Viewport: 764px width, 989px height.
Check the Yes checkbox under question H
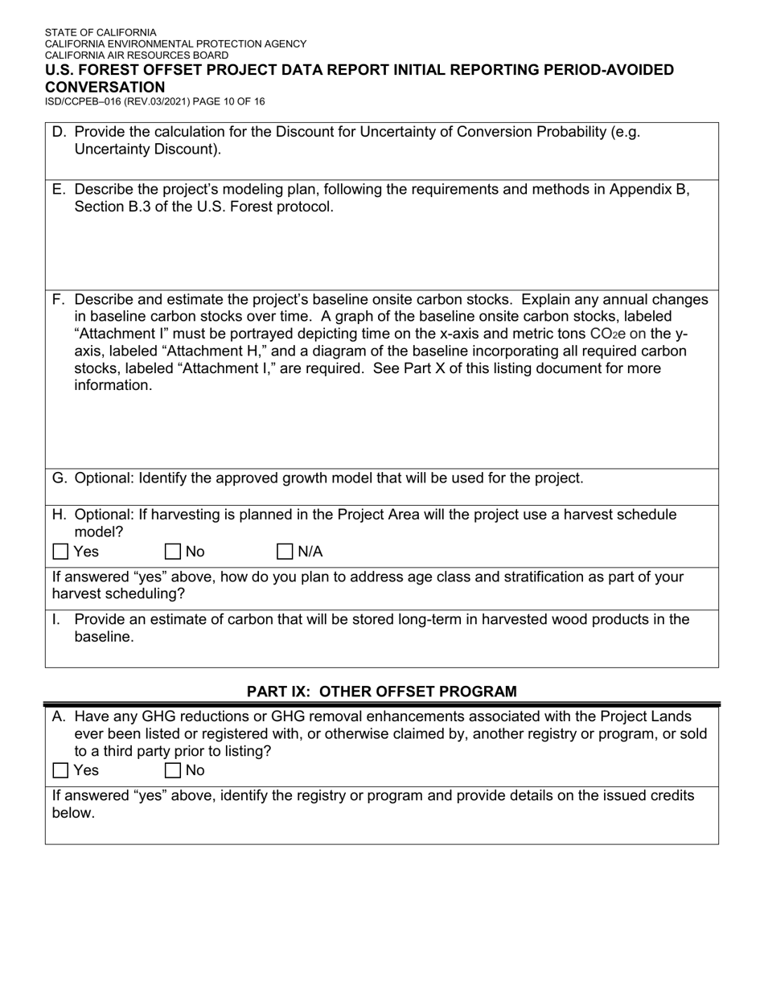[x=60, y=552]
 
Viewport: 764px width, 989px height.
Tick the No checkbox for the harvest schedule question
[x=172, y=552]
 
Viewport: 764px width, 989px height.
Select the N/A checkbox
[x=285, y=552]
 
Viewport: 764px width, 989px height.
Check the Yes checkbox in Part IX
[x=60, y=770]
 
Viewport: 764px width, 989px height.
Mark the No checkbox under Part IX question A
[x=172, y=770]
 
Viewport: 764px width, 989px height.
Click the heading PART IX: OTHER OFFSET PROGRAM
[x=381, y=691]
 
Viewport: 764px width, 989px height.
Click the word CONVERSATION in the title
[x=105, y=87]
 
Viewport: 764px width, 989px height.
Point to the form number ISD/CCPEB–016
[x=89, y=102]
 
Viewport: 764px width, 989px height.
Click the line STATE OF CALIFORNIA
[x=101, y=33]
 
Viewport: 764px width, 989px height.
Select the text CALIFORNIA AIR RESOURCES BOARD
[x=136, y=55]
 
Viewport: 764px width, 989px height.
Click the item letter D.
[x=59, y=132]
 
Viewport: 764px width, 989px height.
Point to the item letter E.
[x=59, y=190]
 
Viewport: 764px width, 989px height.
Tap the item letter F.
[x=59, y=300]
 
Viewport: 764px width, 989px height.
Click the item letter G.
[x=60, y=478]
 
